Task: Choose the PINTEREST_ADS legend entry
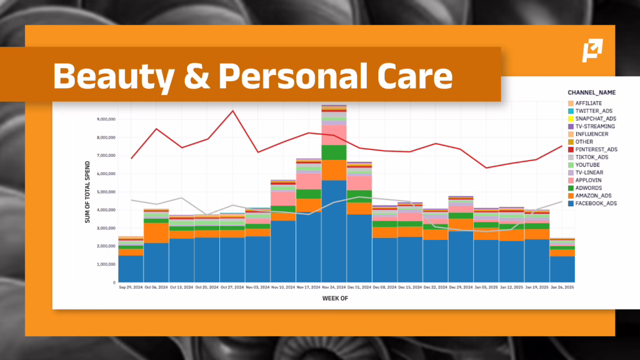click(x=596, y=149)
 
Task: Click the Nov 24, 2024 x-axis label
click(x=334, y=287)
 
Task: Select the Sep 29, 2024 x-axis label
click(x=131, y=287)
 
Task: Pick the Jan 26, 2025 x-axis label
click(x=562, y=287)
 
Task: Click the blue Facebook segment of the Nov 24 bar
click(x=334, y=231)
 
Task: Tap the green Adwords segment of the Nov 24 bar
click(x=334, y=152)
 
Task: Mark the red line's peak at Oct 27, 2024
click(x=232, y=111)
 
